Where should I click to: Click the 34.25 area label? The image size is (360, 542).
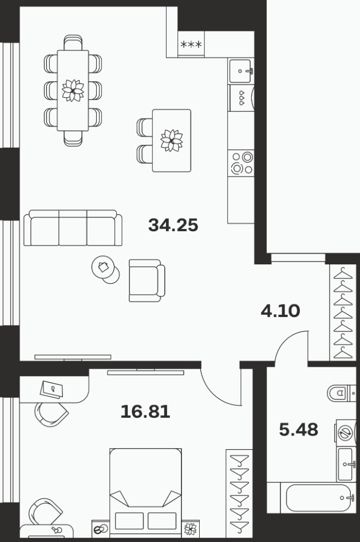click(173, 225)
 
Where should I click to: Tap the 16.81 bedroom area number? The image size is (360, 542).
click(145, 412)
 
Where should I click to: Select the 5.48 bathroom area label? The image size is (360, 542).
click(298, 430)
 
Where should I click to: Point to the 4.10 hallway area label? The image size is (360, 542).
click(280, 311)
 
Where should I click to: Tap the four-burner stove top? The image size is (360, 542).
click(241, 163)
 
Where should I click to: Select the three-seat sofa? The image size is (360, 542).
click(73, 228)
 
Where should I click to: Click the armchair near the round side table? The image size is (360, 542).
click(147, 280)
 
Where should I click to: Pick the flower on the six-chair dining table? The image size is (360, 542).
click(73, 90)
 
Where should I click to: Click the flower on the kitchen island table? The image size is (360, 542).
click(172, 140)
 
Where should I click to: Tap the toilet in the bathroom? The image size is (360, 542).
click(341, 393)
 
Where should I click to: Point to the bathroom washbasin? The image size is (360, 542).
click(346, 464)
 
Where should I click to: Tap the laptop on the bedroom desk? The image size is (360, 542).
click(52, 390)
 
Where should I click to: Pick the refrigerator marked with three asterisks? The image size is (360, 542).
click(191, 44)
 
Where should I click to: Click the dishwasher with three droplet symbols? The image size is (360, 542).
click(242, 98)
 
